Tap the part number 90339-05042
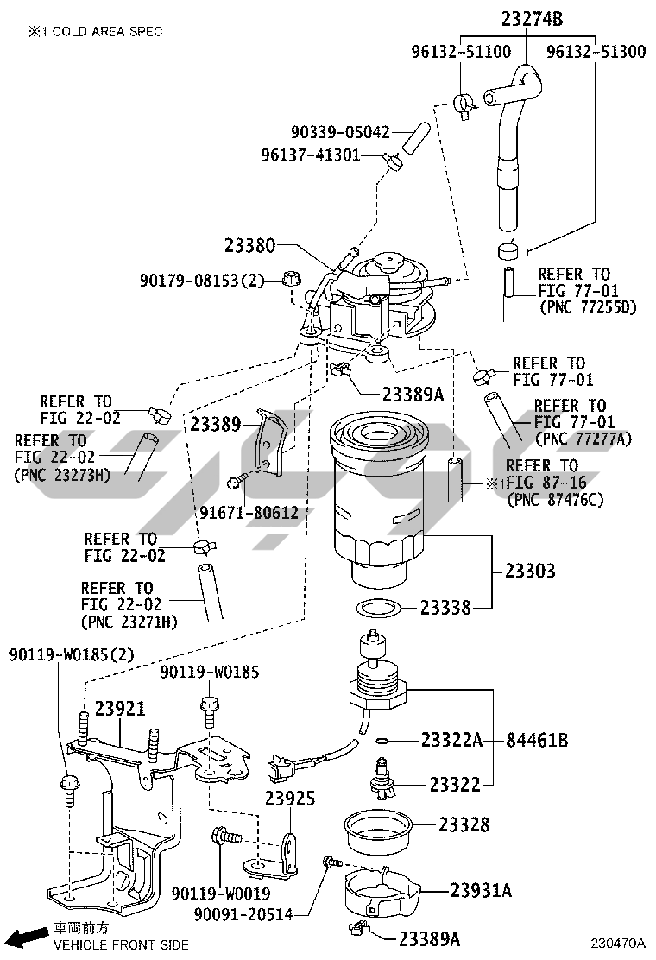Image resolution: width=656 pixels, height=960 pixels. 340,132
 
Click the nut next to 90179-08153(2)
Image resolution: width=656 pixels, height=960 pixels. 290,279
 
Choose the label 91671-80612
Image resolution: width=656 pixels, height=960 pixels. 249,513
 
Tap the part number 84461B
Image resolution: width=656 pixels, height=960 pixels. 537,740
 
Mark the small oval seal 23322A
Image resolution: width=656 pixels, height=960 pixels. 384,740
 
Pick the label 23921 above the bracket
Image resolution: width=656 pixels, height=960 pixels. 120,708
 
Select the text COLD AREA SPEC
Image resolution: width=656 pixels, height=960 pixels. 106,31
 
